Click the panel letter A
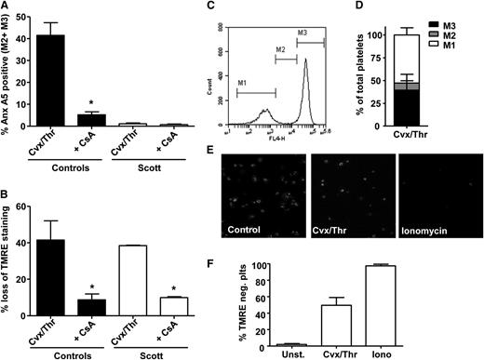click(7, 7)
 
